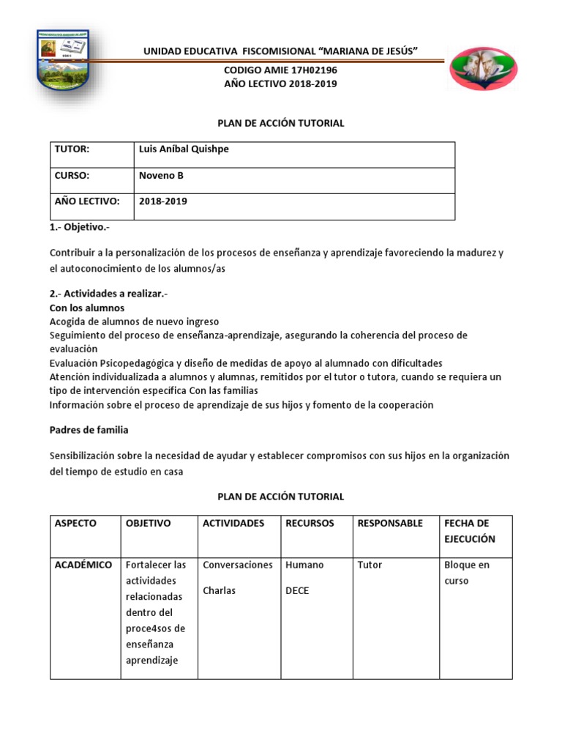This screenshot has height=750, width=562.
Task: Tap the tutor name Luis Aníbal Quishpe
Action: click(x=184, y=149)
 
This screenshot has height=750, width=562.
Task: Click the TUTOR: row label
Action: click(x=72, y=149)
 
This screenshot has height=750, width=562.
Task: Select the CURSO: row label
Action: click(x=72, y=175)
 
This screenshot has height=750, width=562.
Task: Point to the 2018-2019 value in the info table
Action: click(x=162, y=201)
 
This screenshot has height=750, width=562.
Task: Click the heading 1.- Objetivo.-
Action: click(x=79, y=228)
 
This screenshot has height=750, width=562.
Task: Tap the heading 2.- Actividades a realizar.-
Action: click(x=108, y=293)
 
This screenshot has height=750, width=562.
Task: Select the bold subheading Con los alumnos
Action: click(x=87, y=308)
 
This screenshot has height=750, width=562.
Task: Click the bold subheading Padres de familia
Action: click(x=89, y=430)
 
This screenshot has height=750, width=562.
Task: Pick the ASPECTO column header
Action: click(x=76, y=523)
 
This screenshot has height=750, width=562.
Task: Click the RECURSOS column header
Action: click(x=310, y=523)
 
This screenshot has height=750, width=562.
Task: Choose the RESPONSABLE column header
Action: click(x=390, y=523)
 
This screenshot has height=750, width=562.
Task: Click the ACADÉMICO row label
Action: click(x=83, y=565)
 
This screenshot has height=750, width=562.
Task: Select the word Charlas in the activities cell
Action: click(x=220, y=590)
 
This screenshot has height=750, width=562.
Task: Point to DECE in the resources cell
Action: click(x=297, y=590)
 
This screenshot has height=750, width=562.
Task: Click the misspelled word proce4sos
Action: click(x=155, y=628)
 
